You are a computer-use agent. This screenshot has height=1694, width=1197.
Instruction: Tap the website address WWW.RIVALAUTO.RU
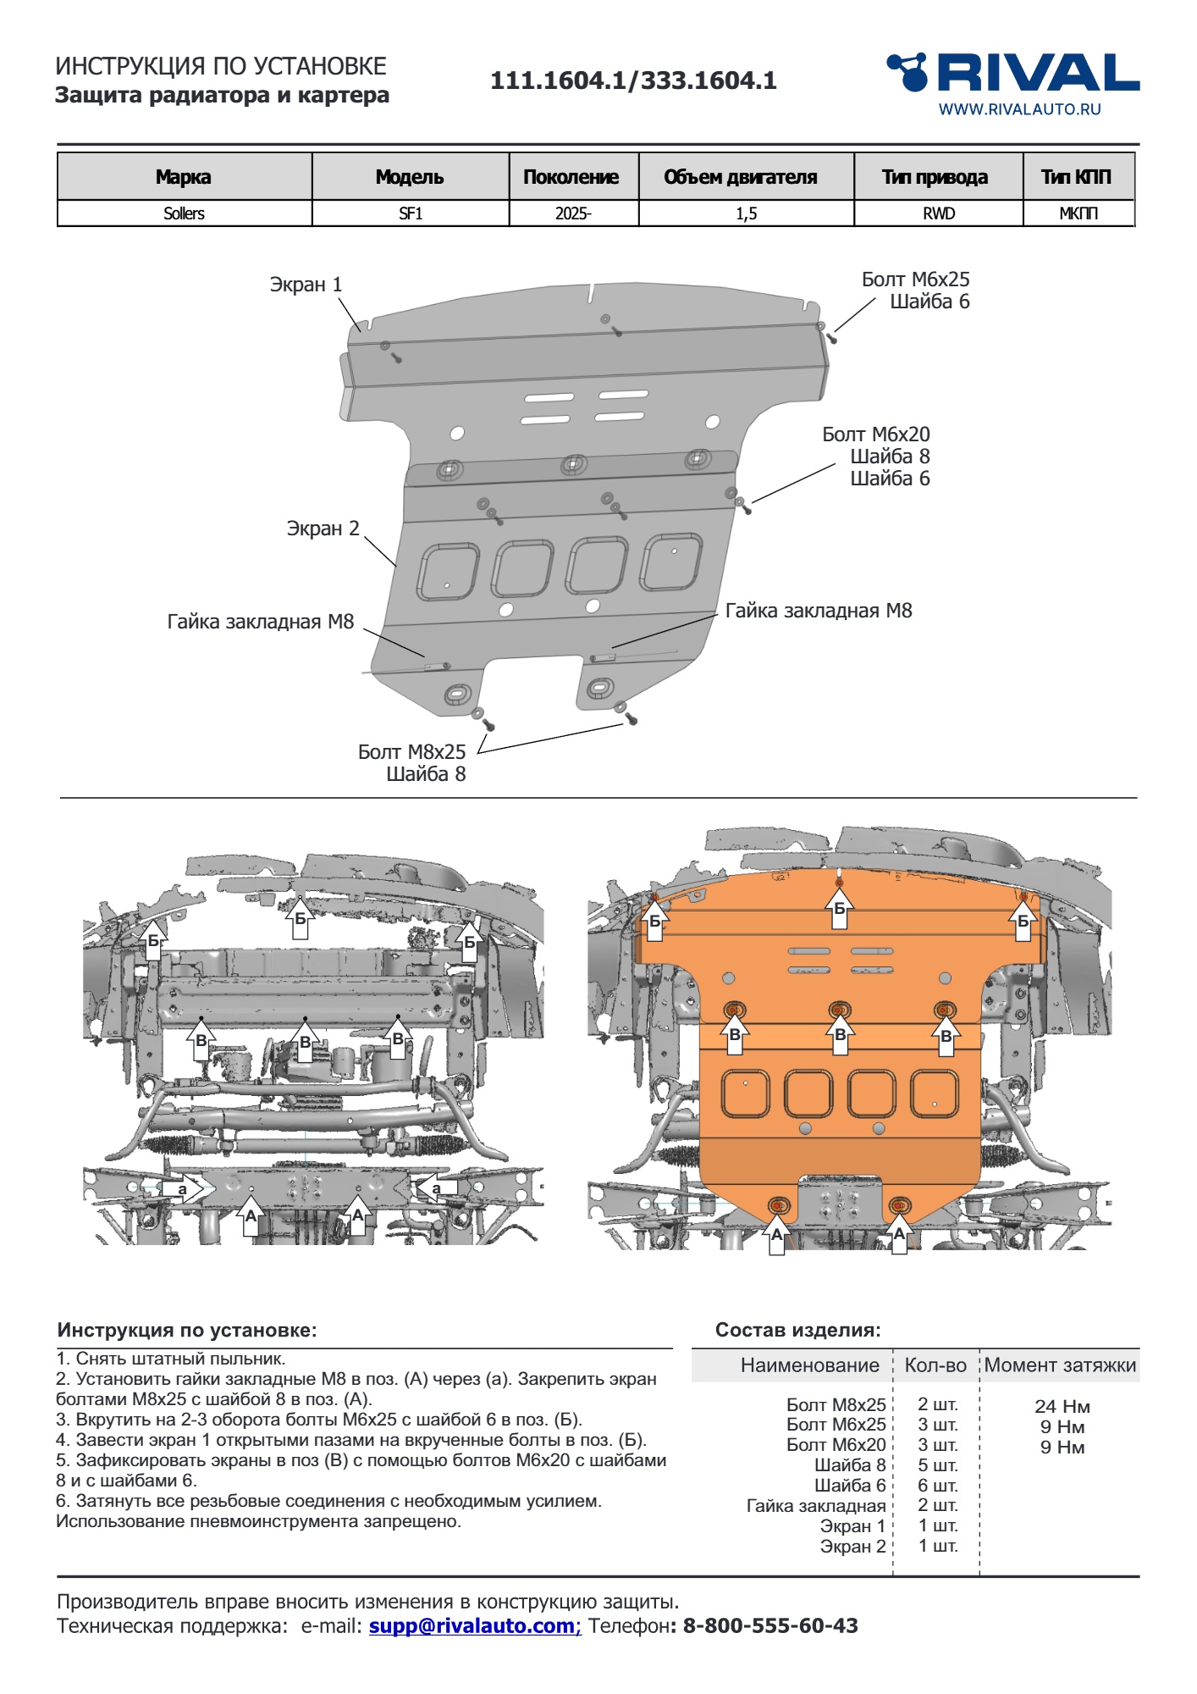(x=1019, y=109)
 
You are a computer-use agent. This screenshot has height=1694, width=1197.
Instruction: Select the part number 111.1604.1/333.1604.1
(x=633, y=80)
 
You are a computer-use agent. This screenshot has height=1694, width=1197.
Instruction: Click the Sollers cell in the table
(x=184, y=213)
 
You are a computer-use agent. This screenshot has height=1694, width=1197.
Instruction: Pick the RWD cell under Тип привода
(x=938, y=213)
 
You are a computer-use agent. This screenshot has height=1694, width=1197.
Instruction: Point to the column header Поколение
(x=571, y=177)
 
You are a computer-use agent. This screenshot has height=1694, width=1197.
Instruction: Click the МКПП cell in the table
(x=1078, y=213)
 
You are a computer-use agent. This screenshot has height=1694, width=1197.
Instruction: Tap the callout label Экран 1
(x=306, y=285)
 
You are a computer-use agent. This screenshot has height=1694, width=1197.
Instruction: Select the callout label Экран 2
(x=323, y=529)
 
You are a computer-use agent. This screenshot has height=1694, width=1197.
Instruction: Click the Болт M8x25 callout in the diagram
(x=411, y=751)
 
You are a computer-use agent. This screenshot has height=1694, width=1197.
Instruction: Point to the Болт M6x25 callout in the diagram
(x=915, y=280)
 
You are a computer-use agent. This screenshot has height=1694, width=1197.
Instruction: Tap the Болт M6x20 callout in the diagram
(x=875, y=435)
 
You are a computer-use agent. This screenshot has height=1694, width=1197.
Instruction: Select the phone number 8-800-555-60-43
(x=770, y=1625)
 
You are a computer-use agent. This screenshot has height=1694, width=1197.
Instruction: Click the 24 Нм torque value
(x=1062, y=1406)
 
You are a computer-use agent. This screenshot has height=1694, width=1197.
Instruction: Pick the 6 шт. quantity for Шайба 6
(x=937, y=1486)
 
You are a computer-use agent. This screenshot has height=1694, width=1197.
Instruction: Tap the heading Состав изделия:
(x=797, y=1330)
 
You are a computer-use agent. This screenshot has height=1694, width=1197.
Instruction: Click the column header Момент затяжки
(x=1060, y=1365)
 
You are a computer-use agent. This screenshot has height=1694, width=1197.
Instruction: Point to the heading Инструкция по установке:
(x=187, y=1330)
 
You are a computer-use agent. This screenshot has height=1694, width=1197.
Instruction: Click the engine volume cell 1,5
(x=746, y=213)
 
